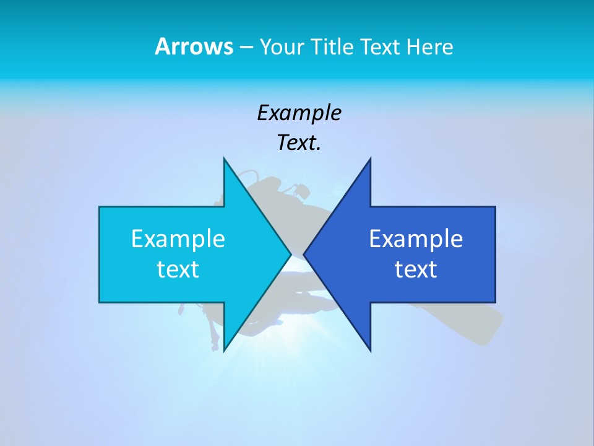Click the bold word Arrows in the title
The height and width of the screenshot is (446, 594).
click(194, 46)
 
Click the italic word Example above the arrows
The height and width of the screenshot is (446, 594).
click(299, 113)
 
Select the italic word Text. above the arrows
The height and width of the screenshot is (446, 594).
click(299, 143)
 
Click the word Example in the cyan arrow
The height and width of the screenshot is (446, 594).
click(178, 238)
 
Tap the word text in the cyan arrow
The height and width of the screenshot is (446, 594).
click(178, 269)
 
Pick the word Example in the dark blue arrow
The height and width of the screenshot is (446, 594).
click(416, 238)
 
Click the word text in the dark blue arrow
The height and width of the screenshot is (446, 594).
click(416, 269)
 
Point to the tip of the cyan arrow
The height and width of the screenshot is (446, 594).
click(290, 254)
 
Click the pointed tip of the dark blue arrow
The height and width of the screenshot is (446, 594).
click(304, 254)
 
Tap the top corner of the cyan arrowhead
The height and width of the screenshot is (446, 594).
click(224, 159)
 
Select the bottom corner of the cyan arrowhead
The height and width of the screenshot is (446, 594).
click(224, 351)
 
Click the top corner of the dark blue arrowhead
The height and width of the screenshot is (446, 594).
click(370, 159)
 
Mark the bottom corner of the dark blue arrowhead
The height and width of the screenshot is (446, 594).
click(370, 351)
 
